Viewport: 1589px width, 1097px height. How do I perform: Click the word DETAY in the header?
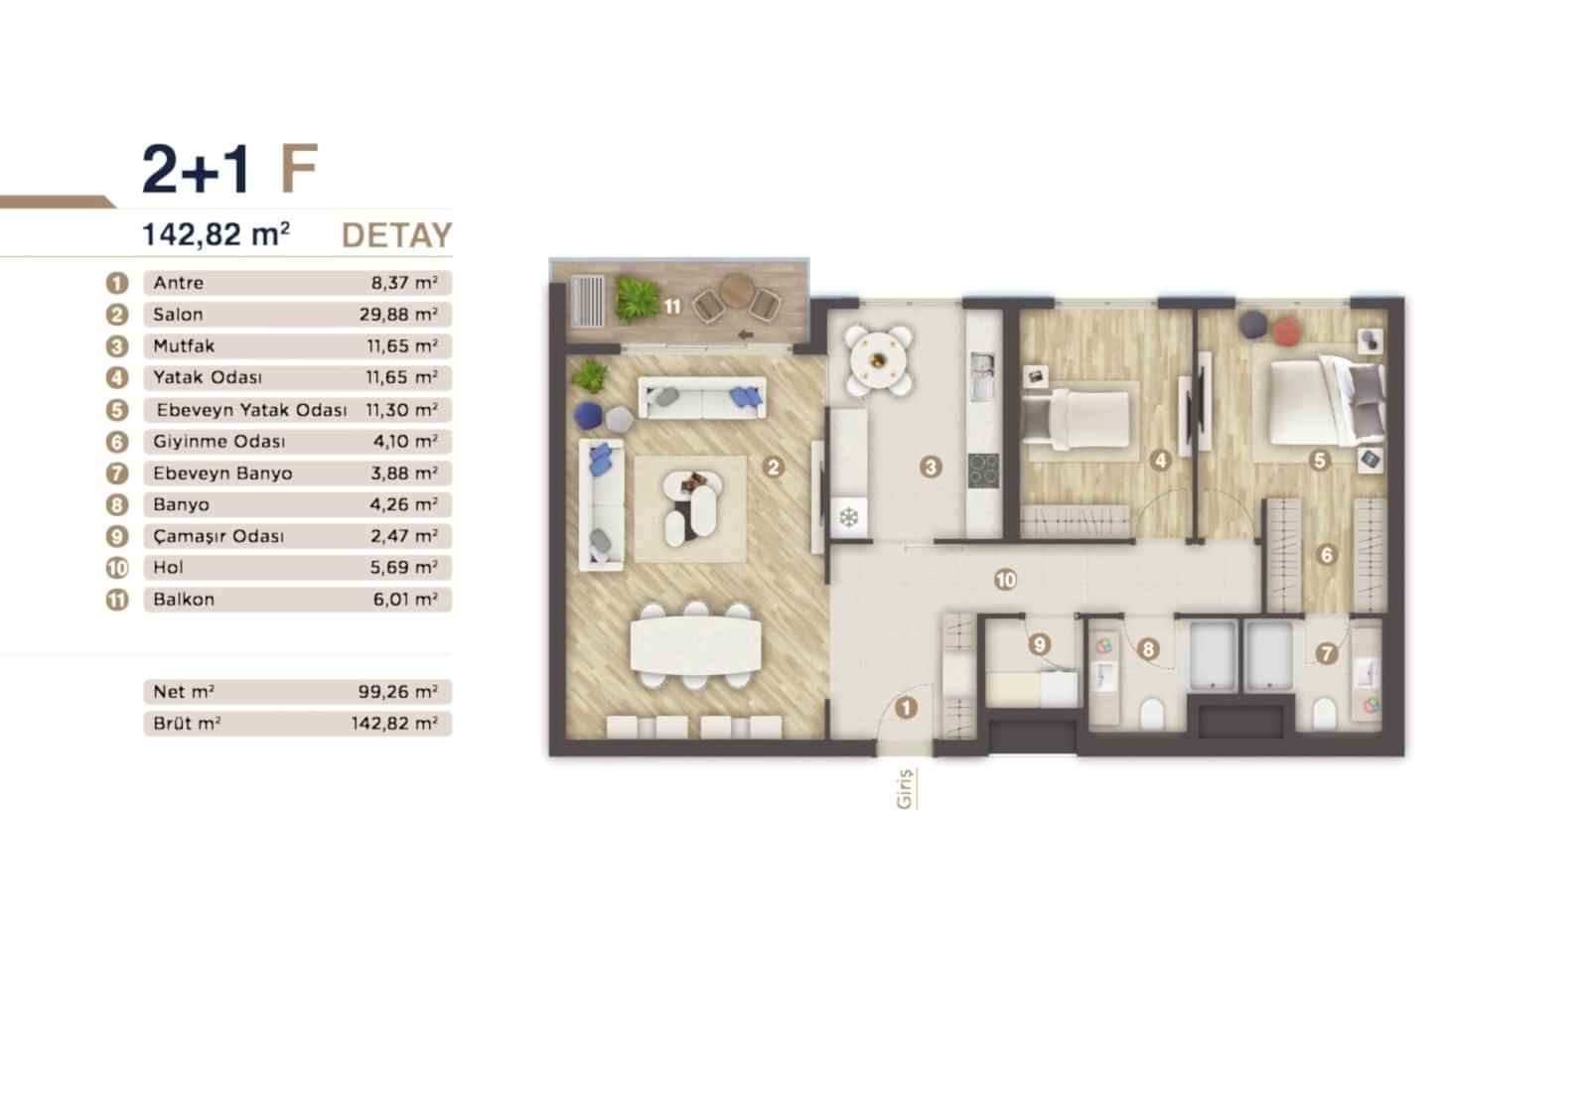pos(396,235)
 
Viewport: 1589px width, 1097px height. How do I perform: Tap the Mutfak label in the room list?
pos(184,346)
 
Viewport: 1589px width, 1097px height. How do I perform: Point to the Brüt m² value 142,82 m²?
pos(394,724)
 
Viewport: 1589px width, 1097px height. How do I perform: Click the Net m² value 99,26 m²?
pos(398,692)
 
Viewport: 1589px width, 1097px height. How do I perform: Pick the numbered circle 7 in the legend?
pos(117,474)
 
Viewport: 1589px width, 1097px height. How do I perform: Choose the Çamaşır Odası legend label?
pos(218,536)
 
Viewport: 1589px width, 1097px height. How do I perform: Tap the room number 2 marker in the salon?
pos(774,467)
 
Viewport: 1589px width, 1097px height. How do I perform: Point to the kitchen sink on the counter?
pos(982,374)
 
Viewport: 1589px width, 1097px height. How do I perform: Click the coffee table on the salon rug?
pos(691,494)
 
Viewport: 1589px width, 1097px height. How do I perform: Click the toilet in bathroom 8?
pos(1153,713)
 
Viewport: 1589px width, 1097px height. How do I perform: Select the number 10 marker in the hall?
pos(1006,579)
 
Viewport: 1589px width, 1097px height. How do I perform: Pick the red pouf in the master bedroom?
pos(1287,331)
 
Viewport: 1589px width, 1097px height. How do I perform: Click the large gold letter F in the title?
pos(300,169)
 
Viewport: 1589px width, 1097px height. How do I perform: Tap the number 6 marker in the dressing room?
pos(1327,556)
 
